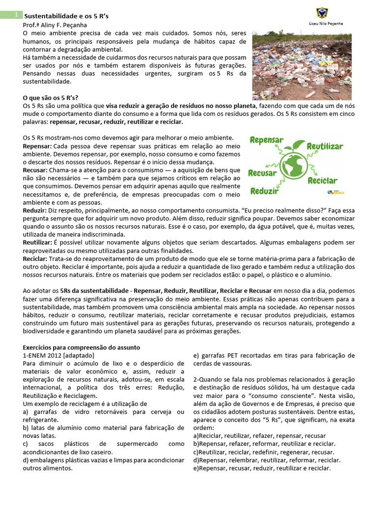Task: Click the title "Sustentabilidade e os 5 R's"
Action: pos(66,16)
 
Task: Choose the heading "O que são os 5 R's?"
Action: pos(51,98)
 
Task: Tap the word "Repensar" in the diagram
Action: pos(266,140)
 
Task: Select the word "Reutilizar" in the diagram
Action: pos(325,146)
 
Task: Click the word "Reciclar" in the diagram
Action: pos(322,180)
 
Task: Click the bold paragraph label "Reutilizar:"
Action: pos(37,243)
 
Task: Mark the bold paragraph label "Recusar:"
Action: pos(34,170)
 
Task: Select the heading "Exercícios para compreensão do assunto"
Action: pos(82,347)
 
